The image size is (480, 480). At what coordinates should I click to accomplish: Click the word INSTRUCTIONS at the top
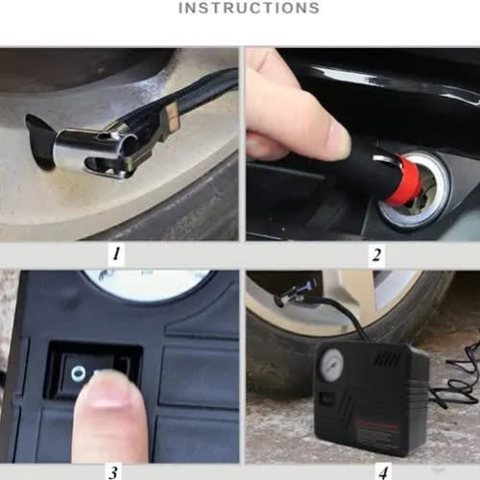coord(249,8)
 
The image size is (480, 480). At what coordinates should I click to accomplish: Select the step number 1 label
coord(116,253)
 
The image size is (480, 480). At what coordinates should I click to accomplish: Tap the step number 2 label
coord(376,255)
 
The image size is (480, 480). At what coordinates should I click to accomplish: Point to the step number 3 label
coord(112,472)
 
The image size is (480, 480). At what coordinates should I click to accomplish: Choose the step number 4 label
coord(384,472)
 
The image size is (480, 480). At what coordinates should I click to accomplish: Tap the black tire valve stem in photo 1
coord(41,141)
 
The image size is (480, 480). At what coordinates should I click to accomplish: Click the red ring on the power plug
coord(405,180)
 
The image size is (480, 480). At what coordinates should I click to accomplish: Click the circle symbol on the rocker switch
coord(79,373)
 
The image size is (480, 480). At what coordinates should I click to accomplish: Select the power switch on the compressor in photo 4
coord(326,398)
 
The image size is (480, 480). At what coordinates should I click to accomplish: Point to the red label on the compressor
coord(377,425)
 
